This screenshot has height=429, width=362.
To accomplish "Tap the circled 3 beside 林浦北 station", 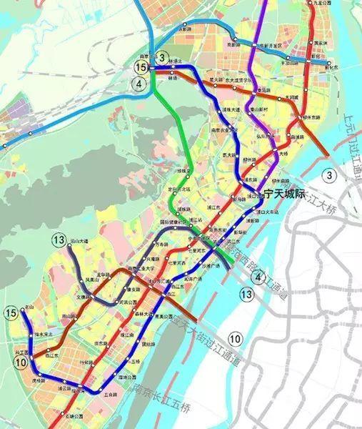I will coord(163,57).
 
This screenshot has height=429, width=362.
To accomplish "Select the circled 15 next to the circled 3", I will coord(141,66).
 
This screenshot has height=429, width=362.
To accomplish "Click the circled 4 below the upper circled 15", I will coord(141,83).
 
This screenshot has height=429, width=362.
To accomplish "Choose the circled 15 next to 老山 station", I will coord(11,312).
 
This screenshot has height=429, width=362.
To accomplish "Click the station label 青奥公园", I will coord(164,315).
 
